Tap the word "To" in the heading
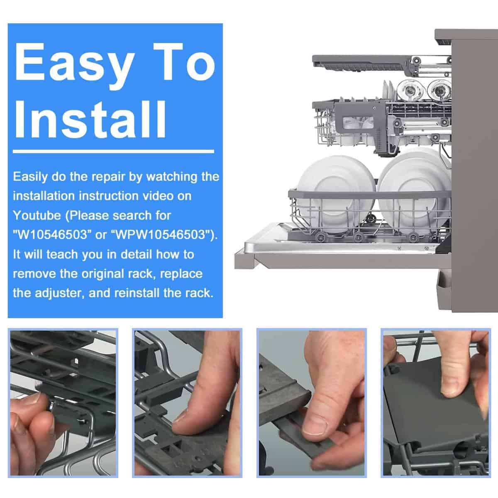tap(183, 61)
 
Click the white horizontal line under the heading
tap(113, 151)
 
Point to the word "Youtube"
tap(37, 215)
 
